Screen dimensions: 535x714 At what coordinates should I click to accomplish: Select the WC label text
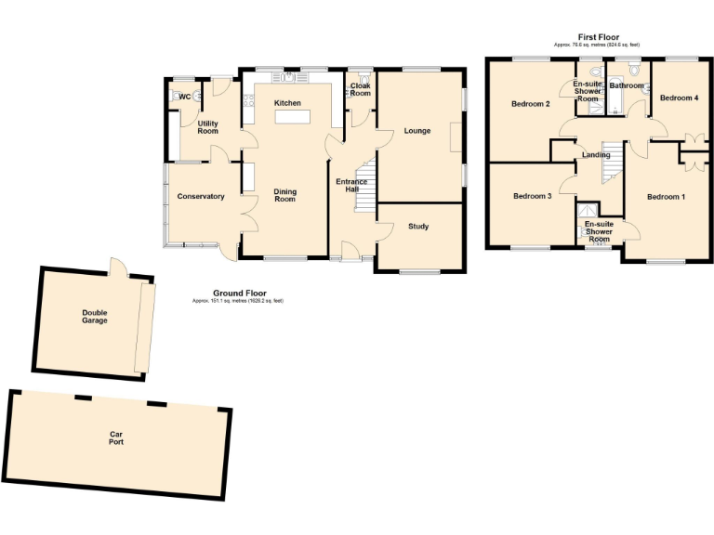[x=184, y=97]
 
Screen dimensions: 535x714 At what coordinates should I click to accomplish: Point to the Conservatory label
[x=201, y=196]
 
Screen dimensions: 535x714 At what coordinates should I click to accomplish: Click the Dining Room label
[x=284, y=196]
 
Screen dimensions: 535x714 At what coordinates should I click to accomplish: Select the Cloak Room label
[x=360, y=90]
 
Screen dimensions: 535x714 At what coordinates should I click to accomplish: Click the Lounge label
[x=417, y=131]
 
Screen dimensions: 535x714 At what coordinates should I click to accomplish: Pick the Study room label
[x=418, y=226]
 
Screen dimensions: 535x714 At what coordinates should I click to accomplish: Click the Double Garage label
[x=94, y=317]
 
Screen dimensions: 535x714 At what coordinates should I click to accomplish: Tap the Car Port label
[x=116, y=438]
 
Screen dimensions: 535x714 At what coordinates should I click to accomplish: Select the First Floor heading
[x=597, y=37]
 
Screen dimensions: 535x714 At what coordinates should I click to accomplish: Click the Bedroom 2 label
[x=530, y=104]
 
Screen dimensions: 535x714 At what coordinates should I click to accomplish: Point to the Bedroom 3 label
[x=533, y=196]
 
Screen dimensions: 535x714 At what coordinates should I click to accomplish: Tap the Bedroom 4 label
[x=679, y=98]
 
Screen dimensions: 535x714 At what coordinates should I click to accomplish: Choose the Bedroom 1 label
[x=666, y=196]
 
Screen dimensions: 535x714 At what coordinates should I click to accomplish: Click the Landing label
[x=595, y=154]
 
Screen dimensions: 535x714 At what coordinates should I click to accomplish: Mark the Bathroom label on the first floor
[x=627, y=85]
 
